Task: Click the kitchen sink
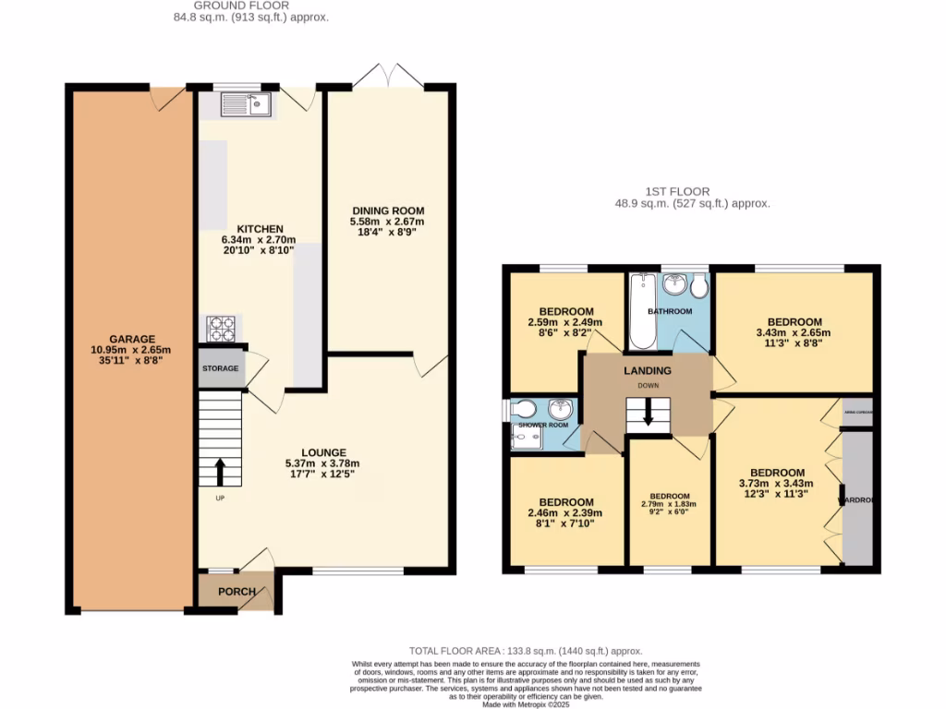[245, 105]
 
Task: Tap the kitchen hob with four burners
[222, 329]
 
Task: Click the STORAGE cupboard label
[221, 368]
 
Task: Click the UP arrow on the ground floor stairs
[220, 471]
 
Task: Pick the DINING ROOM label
[387, 211]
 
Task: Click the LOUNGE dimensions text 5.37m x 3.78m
[322, 463]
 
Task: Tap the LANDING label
[648, 371]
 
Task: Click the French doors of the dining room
[388, 77]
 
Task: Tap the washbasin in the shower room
[560, 410]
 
